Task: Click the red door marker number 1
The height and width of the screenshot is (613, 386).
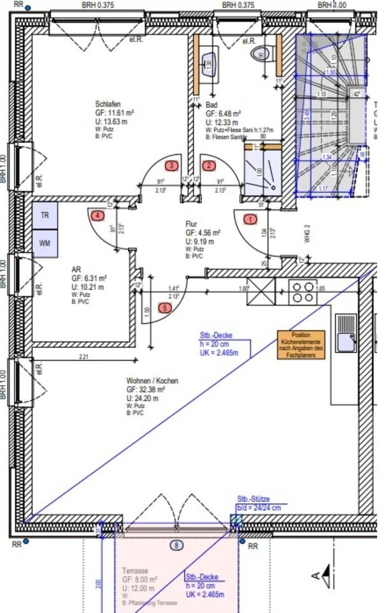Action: [251, 219]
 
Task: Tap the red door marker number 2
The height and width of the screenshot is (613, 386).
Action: [209, 166]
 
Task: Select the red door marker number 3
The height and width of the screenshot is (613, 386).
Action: [171, 166]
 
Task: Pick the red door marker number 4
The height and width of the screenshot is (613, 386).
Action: [97, 216]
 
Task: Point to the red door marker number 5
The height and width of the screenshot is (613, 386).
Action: [166, 308]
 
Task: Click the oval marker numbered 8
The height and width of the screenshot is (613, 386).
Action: [177, 545]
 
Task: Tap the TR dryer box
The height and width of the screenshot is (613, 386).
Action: [45, 216]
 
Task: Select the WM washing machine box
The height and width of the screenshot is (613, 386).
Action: [45, 243]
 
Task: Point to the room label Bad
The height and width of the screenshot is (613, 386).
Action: [212, 105]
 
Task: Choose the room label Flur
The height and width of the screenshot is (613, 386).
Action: [191, 224]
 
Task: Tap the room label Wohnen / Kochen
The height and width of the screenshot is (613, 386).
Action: [152, 381]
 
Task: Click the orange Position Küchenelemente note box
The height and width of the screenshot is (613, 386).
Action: [300, 345]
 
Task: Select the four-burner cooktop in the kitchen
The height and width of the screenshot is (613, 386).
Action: [304, 292]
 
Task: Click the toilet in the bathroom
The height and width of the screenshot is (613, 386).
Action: [260, 53]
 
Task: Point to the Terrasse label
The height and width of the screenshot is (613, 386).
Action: [135, 571]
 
